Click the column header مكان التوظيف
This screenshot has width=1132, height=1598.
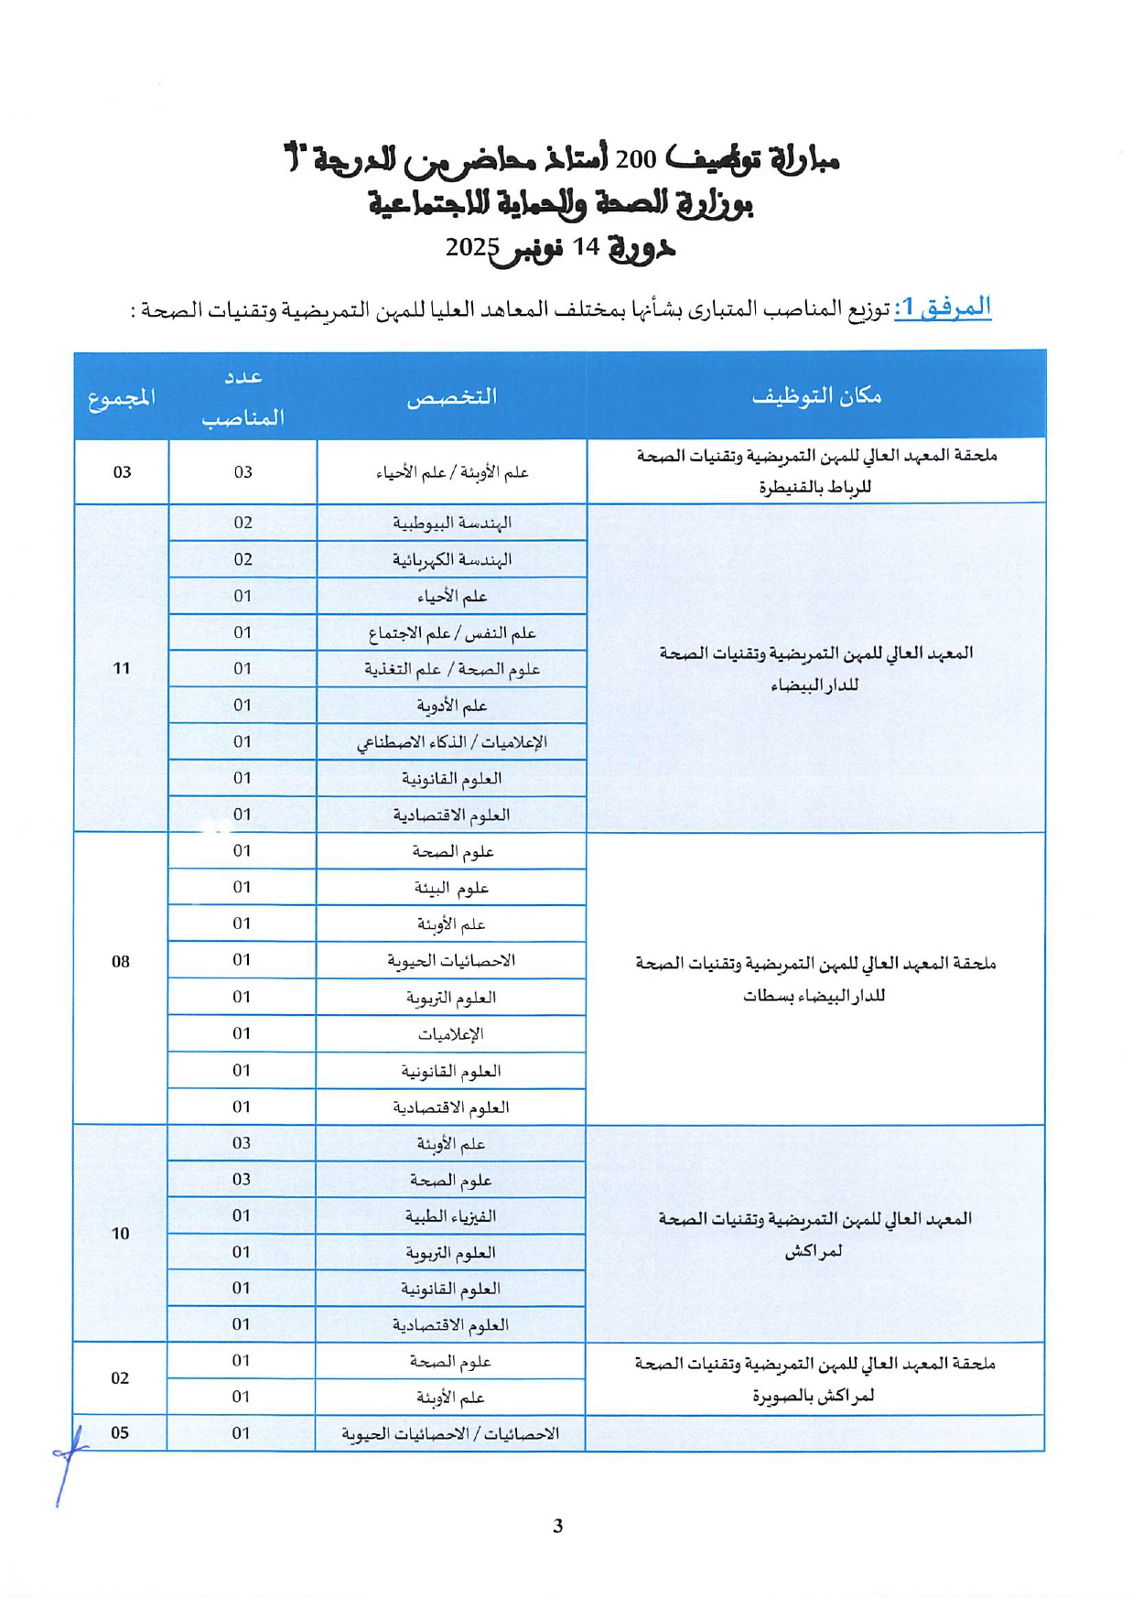(x=816, y=395)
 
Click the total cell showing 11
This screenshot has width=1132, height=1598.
(x=122, y=668)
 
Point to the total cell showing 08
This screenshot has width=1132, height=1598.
(x=121, y=961)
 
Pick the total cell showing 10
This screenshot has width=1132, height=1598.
(x=120, y=1233)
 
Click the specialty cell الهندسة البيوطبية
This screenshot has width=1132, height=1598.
(x=452, y=523)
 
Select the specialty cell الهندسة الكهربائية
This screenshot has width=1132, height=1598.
(x=452, y=559)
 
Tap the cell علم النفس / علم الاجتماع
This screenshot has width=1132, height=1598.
(x=452, y=632)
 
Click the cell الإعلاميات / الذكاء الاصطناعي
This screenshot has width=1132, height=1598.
(x=452, y=741)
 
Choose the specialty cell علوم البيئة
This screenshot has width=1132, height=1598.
(x=452, y=887)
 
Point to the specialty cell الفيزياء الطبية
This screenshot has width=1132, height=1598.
(x=451, y=1215)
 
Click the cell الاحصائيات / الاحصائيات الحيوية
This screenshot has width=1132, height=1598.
(x=450, y=1433)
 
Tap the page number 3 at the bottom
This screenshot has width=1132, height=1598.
(x=558, y=1526)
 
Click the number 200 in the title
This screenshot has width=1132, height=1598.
(x=635, y=160)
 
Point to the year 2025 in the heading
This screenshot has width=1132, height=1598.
(x=472, y=247)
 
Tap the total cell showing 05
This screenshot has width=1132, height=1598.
(x=120, y=1432)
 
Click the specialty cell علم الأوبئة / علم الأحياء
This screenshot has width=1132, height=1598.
(x=452, y=472)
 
